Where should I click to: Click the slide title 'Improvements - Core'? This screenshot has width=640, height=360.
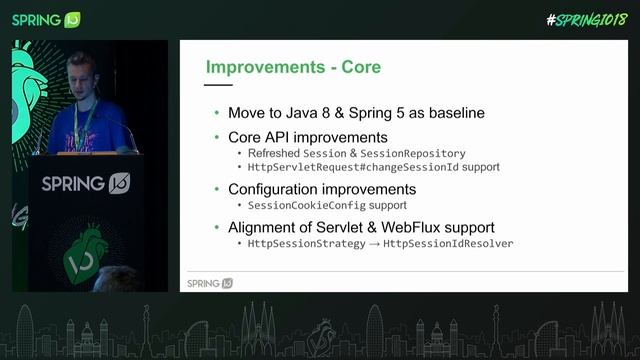(x=293, y=68)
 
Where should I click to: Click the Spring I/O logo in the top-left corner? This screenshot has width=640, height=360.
(x=45, y=19)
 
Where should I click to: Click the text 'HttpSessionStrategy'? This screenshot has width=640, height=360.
(x=307, y=244)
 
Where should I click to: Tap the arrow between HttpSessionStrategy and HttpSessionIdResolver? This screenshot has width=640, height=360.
(x=375, y=244)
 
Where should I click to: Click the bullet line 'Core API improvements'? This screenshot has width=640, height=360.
(x=307, y=136)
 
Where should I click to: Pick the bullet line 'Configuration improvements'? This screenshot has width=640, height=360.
(x=322, y=189)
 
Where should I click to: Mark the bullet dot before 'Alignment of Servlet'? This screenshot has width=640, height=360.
(x=217, y=228)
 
